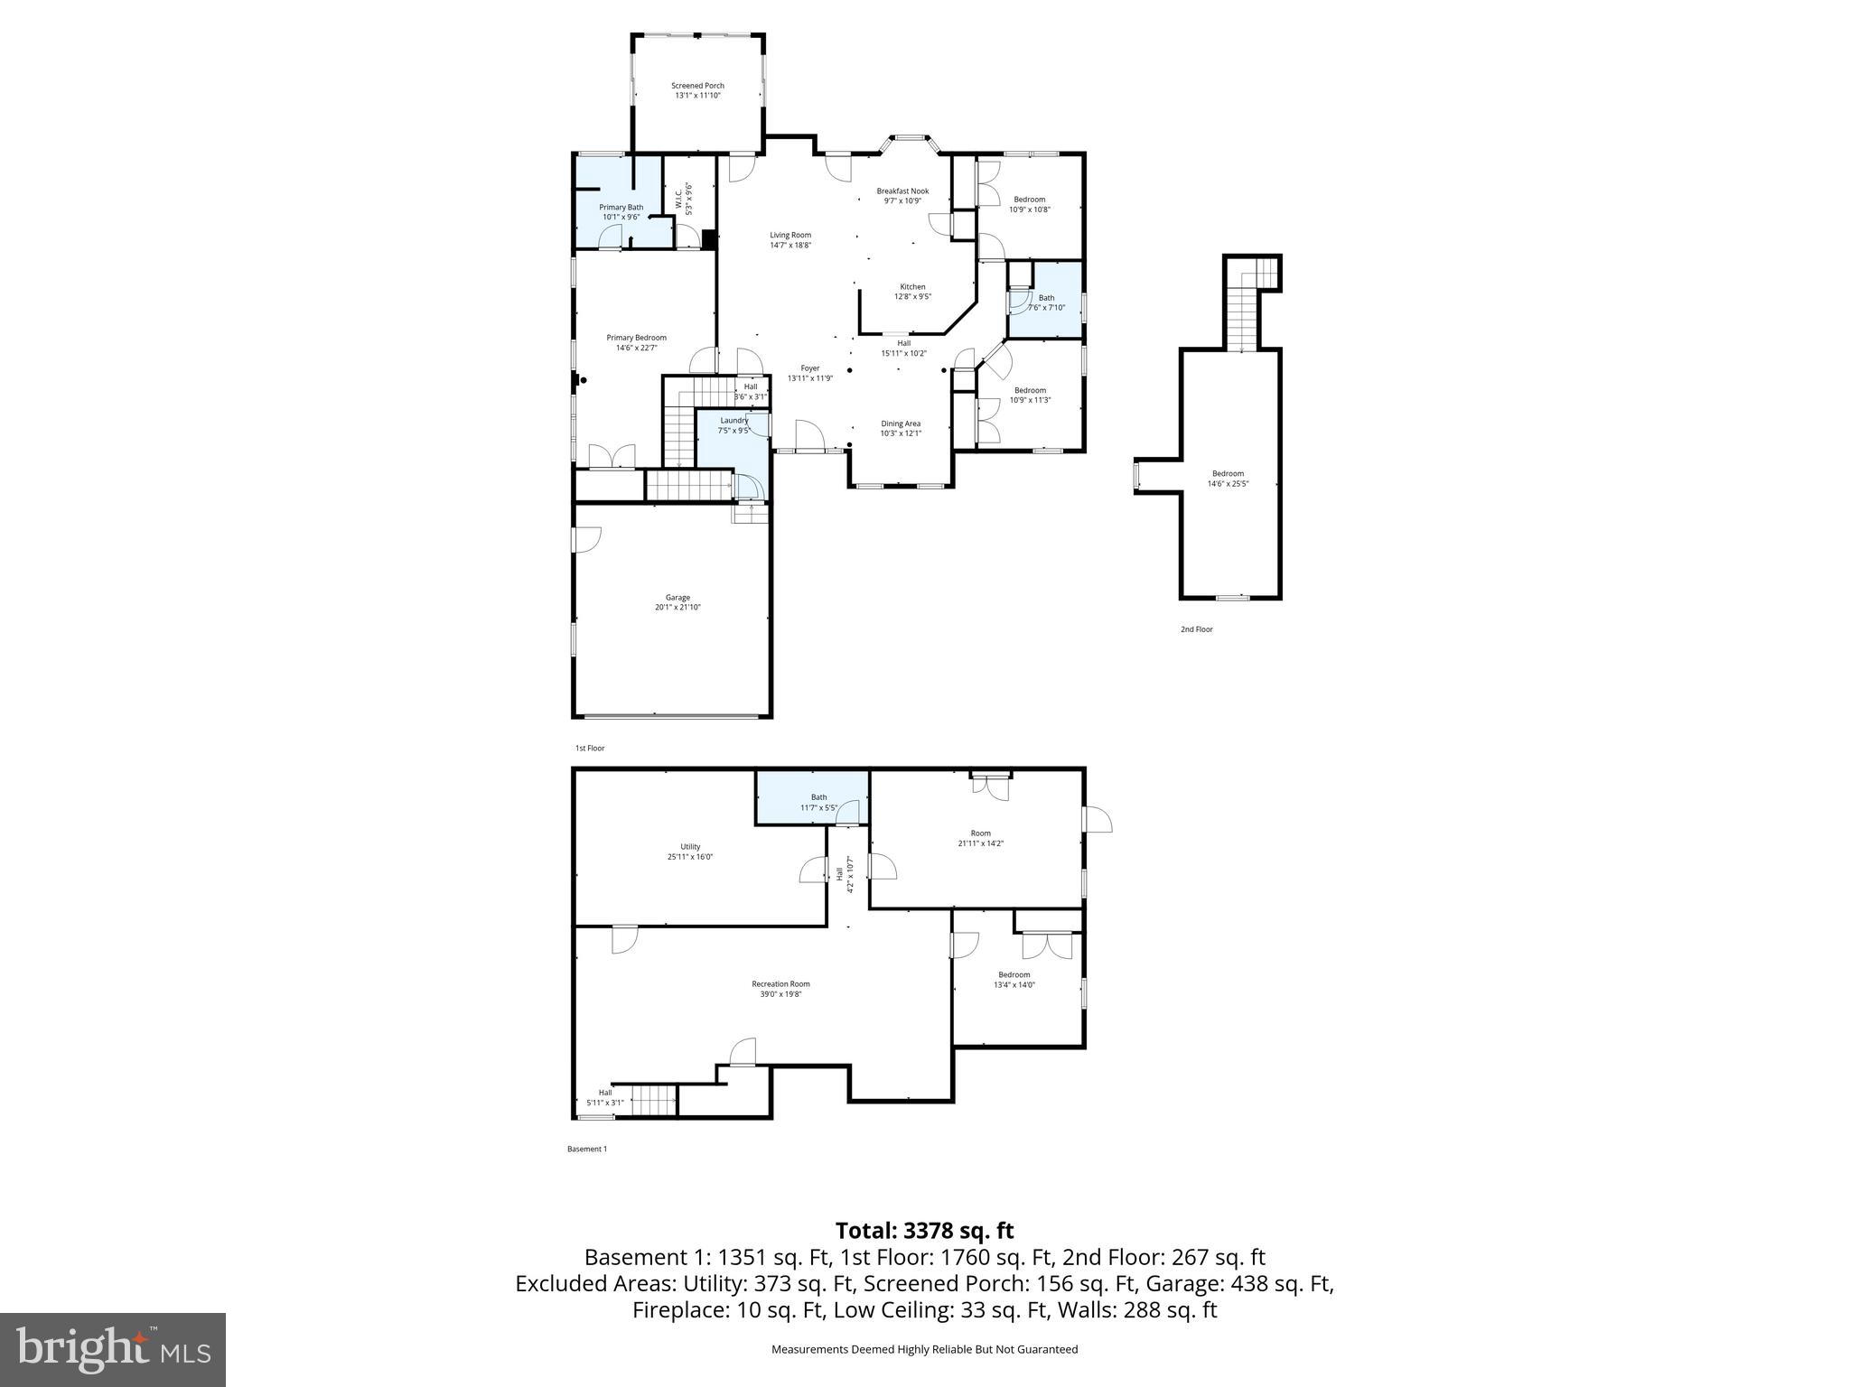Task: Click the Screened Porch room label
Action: pyautogui.click(x=697, y=86)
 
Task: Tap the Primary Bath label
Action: pyautogui.click(x=621, y=208)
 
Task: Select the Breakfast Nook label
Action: pyautogui.click(x=902, y=191)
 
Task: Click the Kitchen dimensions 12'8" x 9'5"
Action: pyautogui.click(x=912, y=296)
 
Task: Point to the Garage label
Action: pyautogui.click(x=677, y=598)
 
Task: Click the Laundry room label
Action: pyautogui.click(x=733, y=421)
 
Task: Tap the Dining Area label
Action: pyautogui.click(x=901, y=424)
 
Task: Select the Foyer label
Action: pyautogui.click(x=809, y=368)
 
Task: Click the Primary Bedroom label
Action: pyautogui.click(x=636, y=338)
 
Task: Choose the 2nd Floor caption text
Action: pyautogui.click(x=1196, y=629)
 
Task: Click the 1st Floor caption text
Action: pyautogui.click(x=590, y=748)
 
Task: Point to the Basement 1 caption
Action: pyautogui.click(x=587, y=1149)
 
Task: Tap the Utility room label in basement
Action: pyautogui.click(x=690, y=847)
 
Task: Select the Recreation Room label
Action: pyautogui.click(x=780, y=984)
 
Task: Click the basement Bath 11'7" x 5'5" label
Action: pyautogui.click(x=818, y=803)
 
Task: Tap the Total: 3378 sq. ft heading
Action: pyautogui.click(x=924, y=1231)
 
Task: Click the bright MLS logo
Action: pyautogui.click(x=113, y=1349)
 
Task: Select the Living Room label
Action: pyautogui.click(x=790, y=235)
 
